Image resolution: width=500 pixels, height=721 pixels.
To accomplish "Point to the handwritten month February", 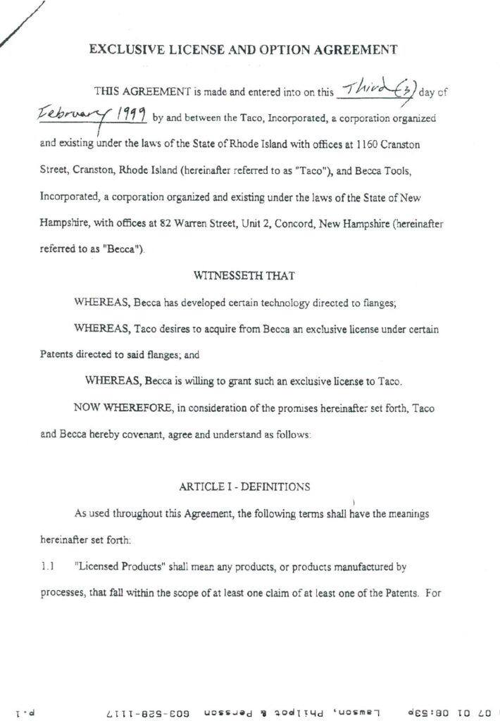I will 70,115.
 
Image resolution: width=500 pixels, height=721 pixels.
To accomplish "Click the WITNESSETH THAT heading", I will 250,275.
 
